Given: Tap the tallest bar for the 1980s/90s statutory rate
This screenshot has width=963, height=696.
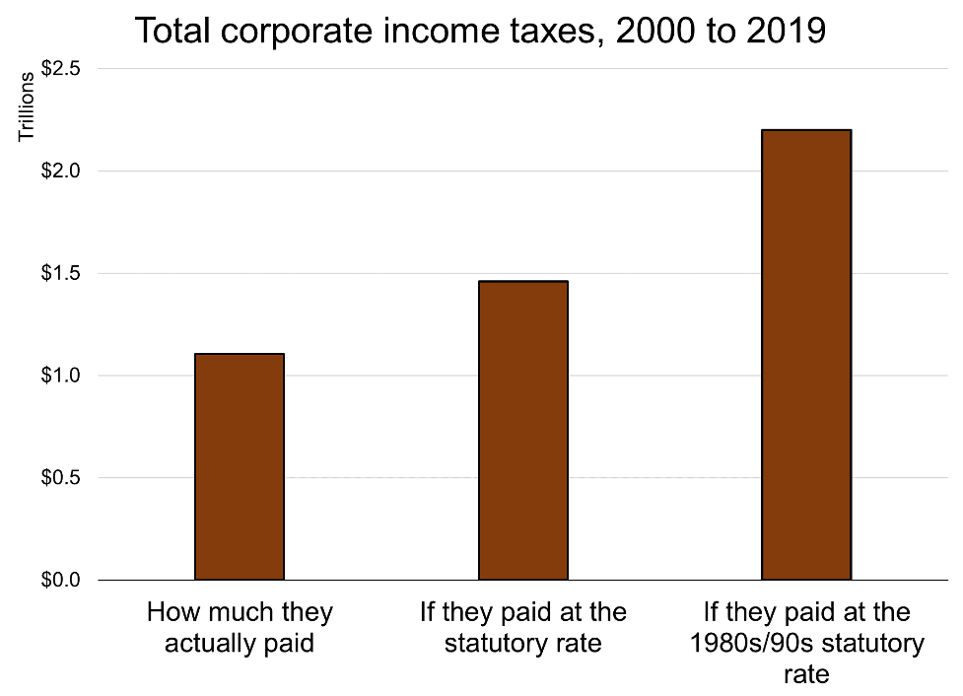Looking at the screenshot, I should (x=806, y=354).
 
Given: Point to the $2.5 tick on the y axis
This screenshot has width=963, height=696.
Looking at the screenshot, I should (x=61, y=69).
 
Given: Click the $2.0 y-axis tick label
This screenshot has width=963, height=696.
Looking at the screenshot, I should (x=61, y=171).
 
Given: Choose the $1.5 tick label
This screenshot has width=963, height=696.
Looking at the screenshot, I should (x=61, y=273).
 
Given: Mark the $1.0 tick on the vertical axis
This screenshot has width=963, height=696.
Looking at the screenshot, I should (x=61, y=376).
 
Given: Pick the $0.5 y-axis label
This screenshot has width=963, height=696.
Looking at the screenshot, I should (x=61, y=478).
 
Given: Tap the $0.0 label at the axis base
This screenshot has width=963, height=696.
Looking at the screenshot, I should (x=61, y=580).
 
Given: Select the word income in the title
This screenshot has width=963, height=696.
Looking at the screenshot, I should (x=425, y=31).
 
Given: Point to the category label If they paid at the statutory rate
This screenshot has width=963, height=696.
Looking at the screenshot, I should (x=522, y=628).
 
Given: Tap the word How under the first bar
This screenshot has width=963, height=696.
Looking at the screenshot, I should (x=170, y=612).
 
